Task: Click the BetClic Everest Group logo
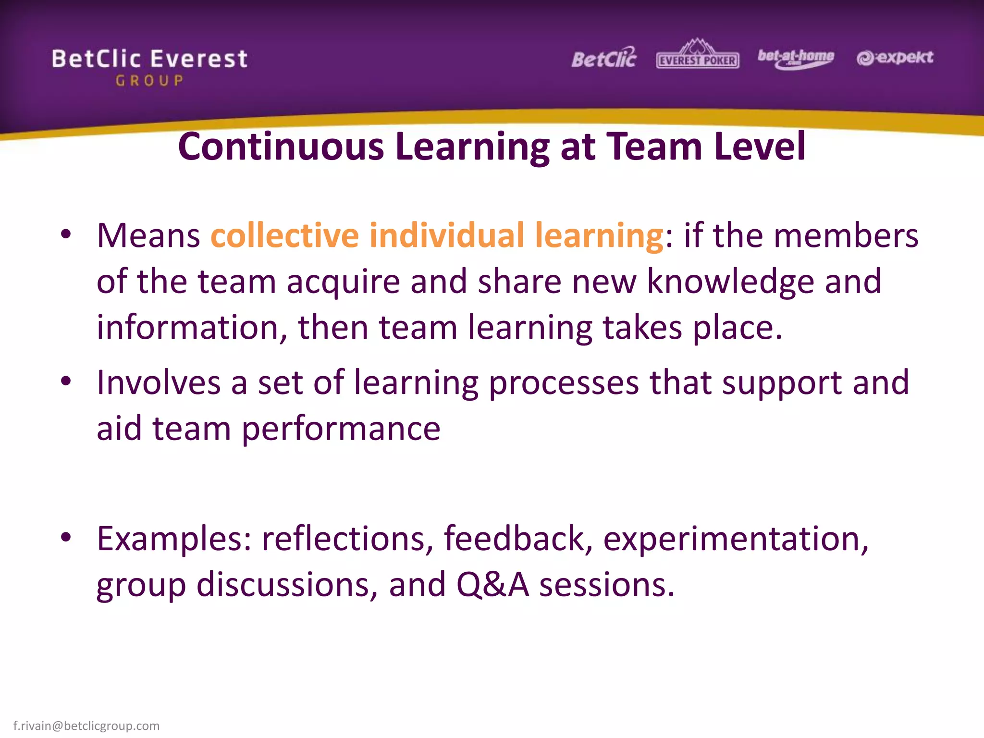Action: (149, 67)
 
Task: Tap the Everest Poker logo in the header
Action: (698, 55)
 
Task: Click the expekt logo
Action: (895, 58)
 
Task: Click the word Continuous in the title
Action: (281, 147)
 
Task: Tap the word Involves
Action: (159, 383)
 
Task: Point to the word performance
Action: (341, 429)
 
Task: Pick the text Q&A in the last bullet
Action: (492, 585)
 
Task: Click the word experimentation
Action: (736, 539)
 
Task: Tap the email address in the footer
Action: (86, 726)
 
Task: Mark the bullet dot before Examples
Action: (66, 537)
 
